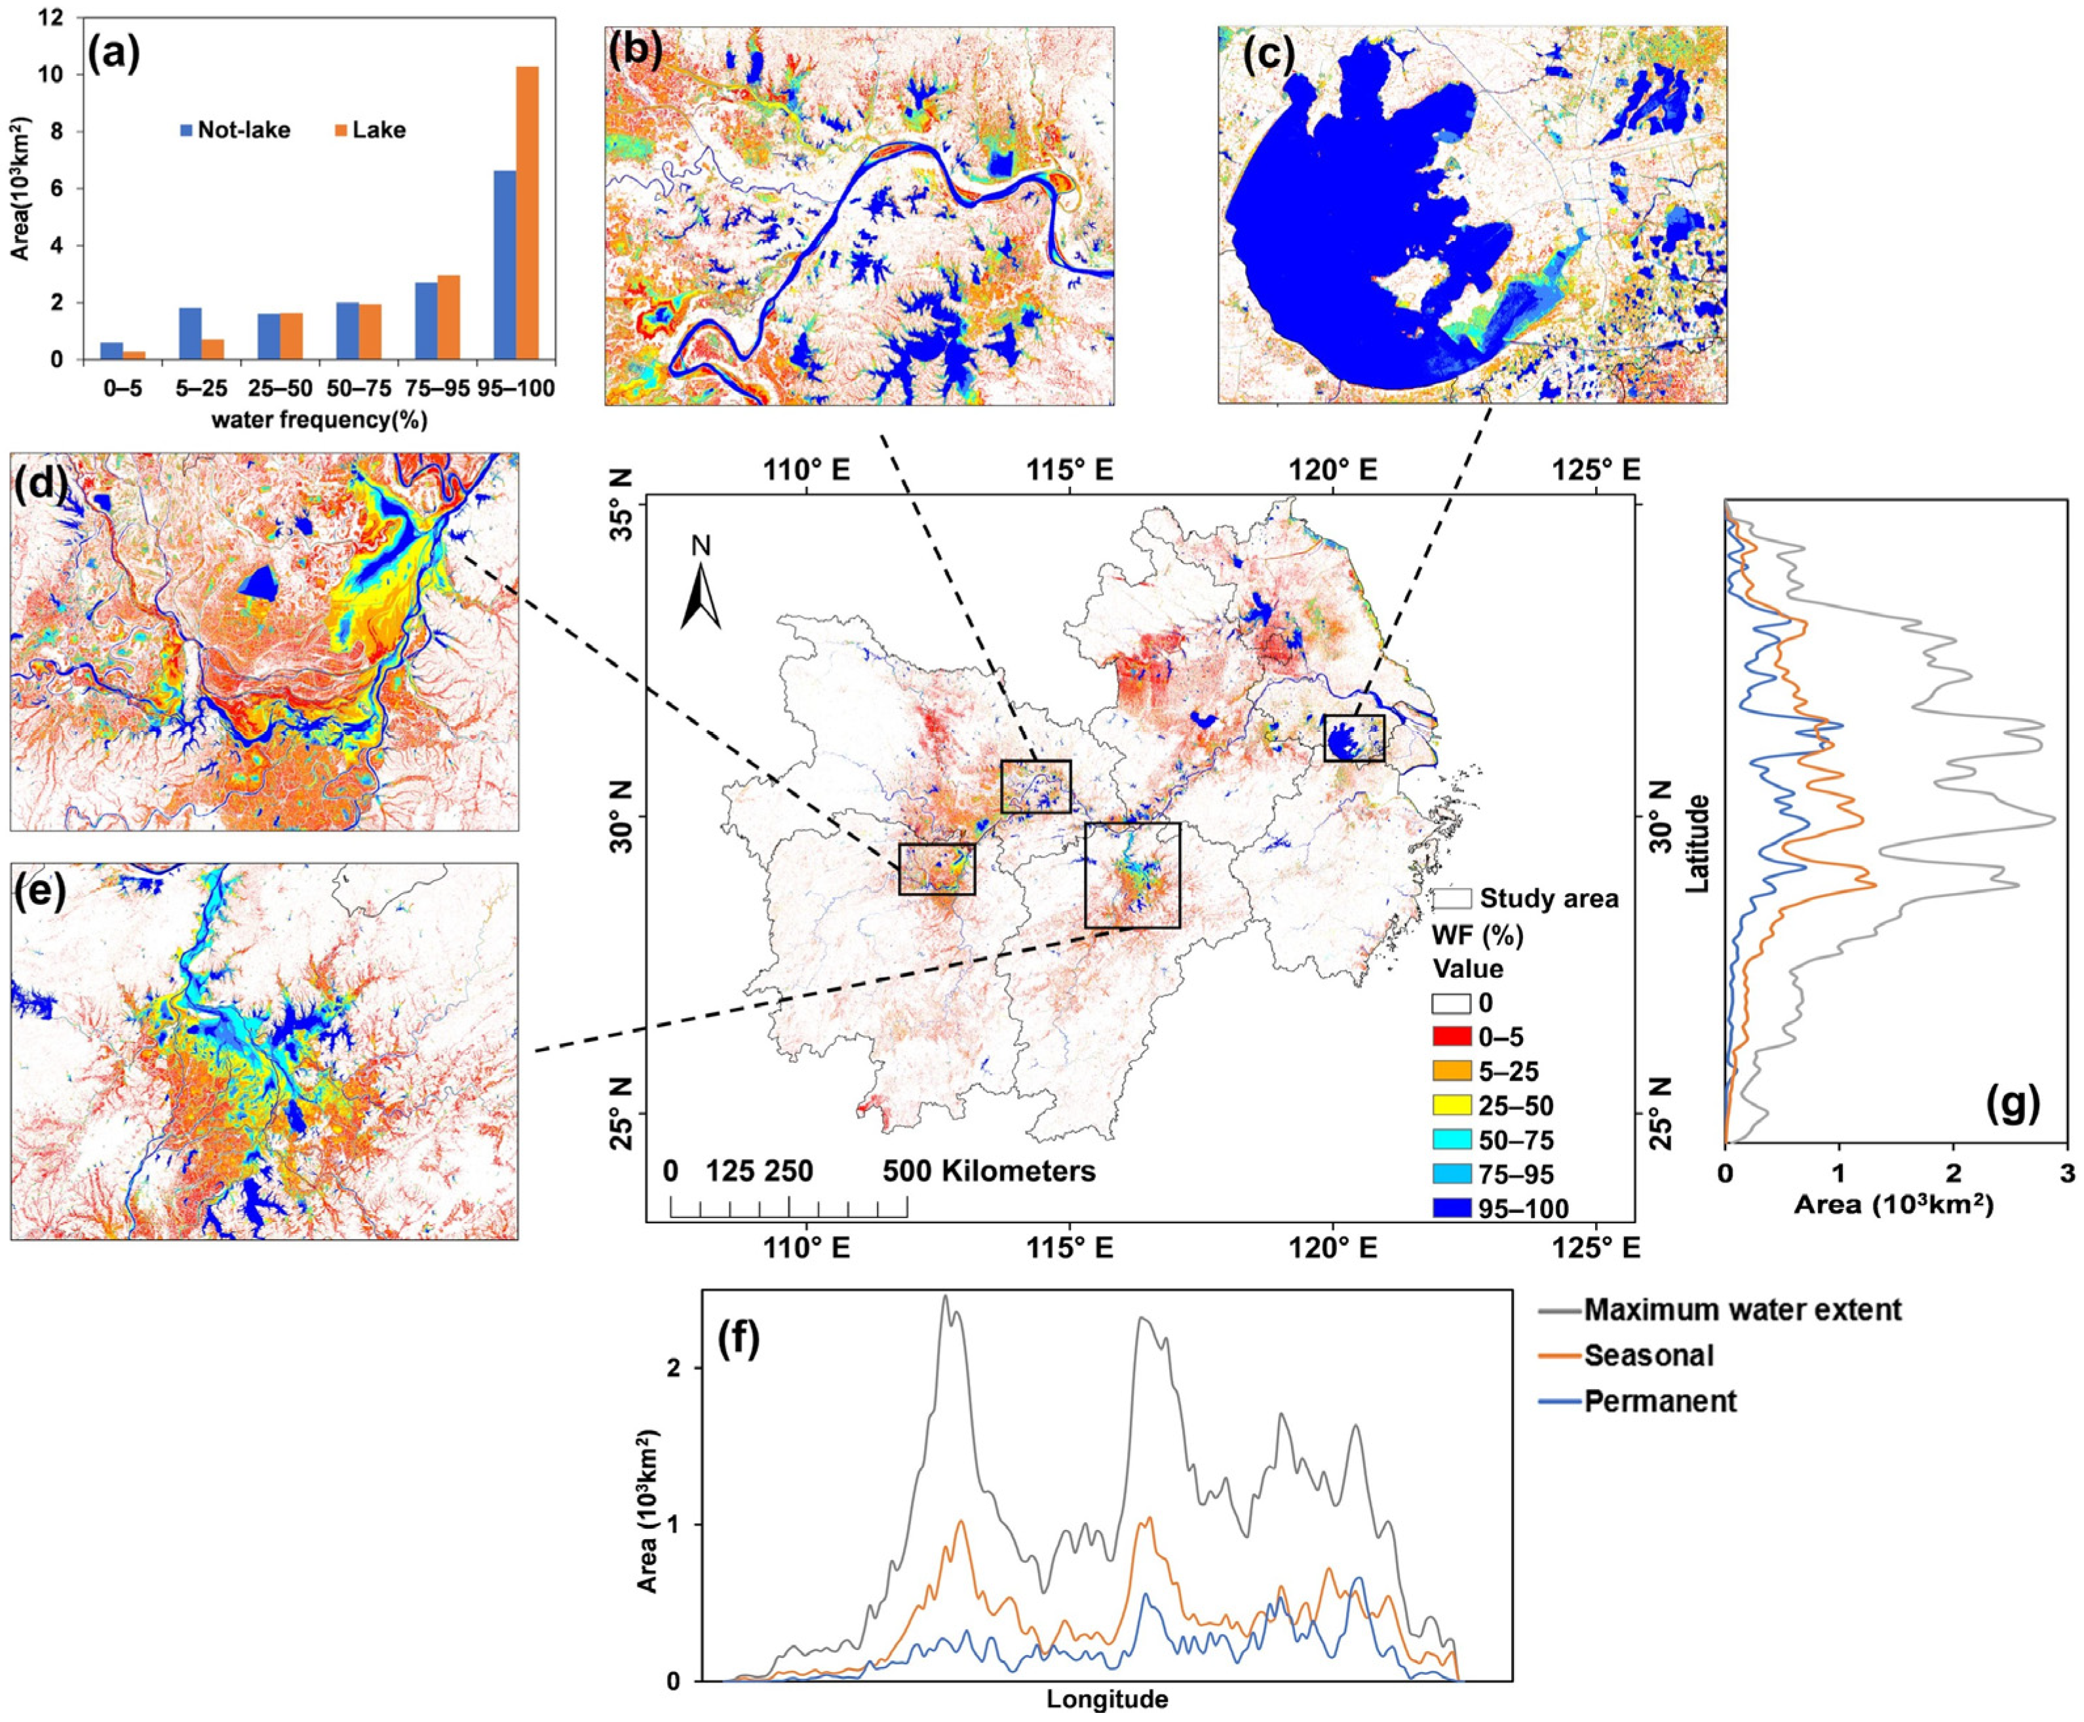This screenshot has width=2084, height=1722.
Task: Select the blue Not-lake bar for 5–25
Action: tap(191, 334)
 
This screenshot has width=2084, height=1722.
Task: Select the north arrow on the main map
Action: tap(701, 592)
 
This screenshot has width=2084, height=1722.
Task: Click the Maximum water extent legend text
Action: tap(1741, 1309)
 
